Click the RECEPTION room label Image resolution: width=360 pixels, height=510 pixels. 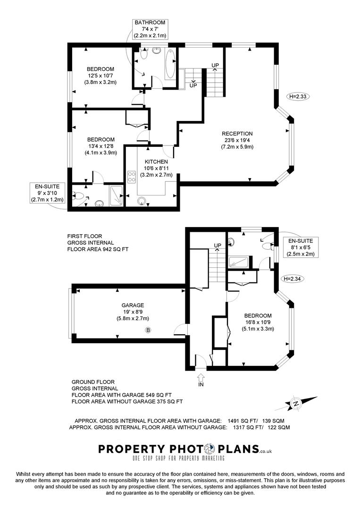(237, 134)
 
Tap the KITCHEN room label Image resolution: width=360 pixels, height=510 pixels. (156, 162)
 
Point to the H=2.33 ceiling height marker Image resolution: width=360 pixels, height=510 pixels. (298, 96)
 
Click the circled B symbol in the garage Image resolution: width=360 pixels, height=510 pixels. (148, 330)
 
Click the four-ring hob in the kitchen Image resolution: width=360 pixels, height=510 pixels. (132, 178)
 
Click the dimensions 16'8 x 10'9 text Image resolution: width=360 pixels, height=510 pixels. (258, 323)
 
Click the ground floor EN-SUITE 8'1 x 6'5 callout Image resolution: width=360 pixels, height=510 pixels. (297, 247)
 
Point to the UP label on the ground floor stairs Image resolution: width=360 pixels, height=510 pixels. (218, 246)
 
